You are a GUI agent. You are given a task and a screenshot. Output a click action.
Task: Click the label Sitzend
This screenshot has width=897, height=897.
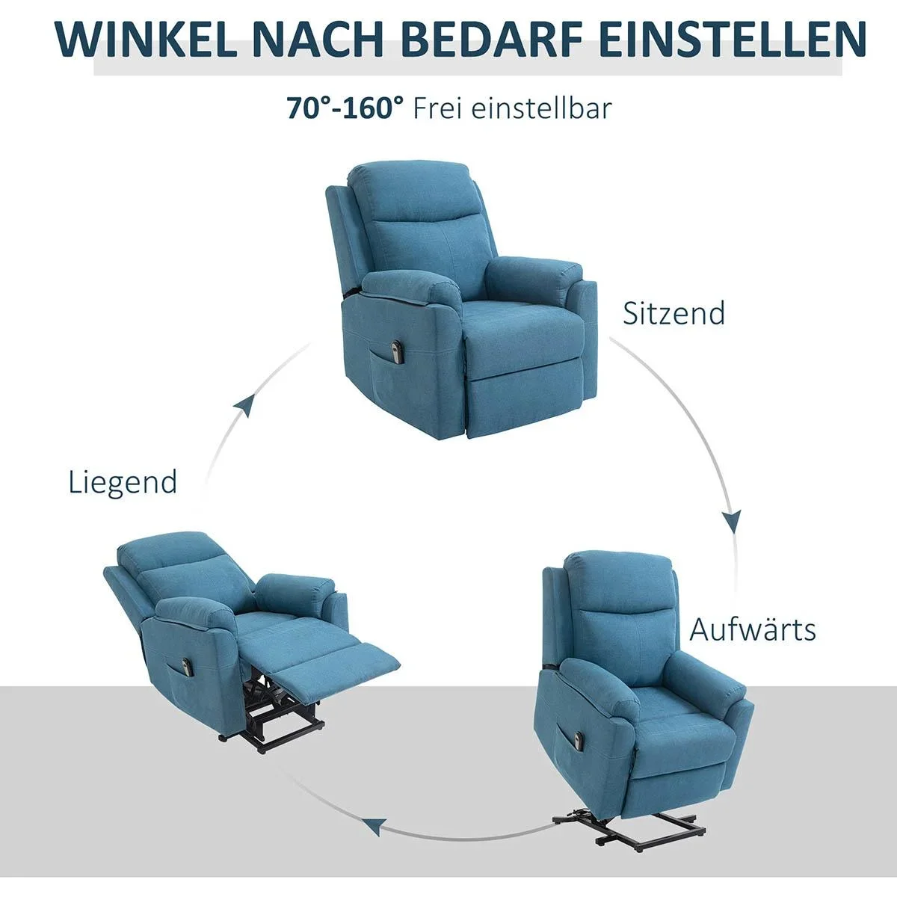click(x=673, y=312)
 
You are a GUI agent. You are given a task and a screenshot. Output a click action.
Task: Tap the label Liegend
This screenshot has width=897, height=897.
click(x=123, y=481)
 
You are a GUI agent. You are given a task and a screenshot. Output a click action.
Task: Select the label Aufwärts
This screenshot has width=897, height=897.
click(x=752, y=629)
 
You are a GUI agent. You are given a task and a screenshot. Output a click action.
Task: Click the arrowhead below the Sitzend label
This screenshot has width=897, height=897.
click(x=732, y=521)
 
